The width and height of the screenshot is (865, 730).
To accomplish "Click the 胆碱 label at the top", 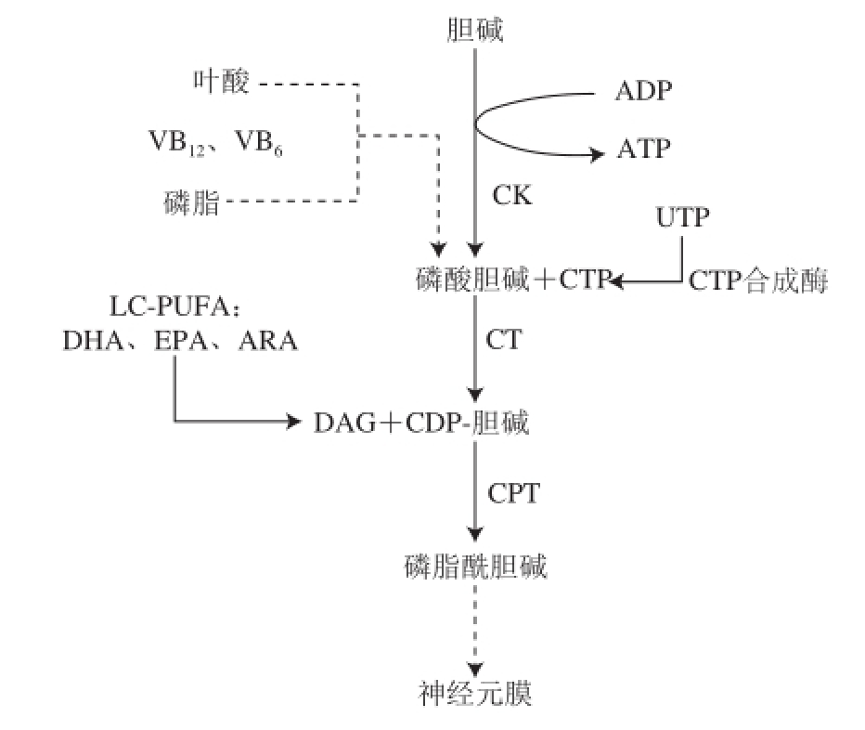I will pyautogui.click(x=474, y=30).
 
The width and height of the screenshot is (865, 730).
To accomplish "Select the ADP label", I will pyautogui.click(x=643, y=91).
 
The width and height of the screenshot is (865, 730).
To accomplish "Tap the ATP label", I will pyautogui.click(x=642, y=148).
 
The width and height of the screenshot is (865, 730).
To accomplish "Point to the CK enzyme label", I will pyautogui.click(x=512, y=197).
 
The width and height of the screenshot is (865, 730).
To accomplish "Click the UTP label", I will pyautogui.click(x=683, y=219).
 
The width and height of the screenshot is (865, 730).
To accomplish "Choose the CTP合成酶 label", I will pyautogui.click(x=757, y=280).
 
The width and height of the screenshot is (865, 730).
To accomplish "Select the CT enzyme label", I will pyautogui.click(x=504, y=339).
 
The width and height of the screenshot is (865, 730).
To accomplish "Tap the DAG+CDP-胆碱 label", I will pyautogui.click(x=422, y=424).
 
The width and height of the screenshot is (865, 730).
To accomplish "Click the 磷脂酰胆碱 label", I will pyautogui.click(x=475, y=566).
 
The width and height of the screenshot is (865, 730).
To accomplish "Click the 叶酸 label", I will pyautogui.click(x=221, y=83).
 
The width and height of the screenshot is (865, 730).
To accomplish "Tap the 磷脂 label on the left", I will pyautogui.click(x=191, y=202).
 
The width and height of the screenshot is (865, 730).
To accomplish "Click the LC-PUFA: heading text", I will pyautogui.click(x=181, y=306).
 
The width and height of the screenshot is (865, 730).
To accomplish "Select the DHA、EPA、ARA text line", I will pyautogui.click(x=180, y=341).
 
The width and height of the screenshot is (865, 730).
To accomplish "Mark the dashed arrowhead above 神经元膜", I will pyautogui.click(x=475, y=667).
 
